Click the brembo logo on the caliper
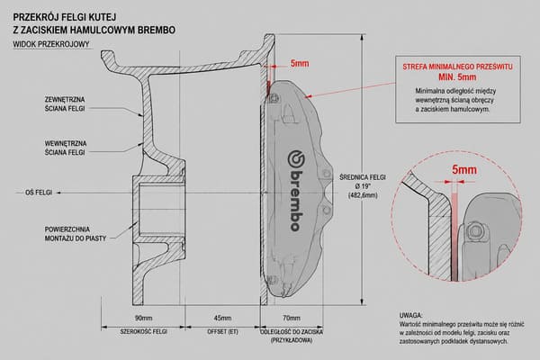296,191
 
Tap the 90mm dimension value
143,318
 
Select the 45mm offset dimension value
222,318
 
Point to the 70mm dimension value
292,318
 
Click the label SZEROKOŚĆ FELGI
143,332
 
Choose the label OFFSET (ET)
222,332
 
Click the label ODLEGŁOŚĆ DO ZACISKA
292,332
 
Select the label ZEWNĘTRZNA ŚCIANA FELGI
65,104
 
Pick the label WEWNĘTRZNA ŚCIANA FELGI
66,148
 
